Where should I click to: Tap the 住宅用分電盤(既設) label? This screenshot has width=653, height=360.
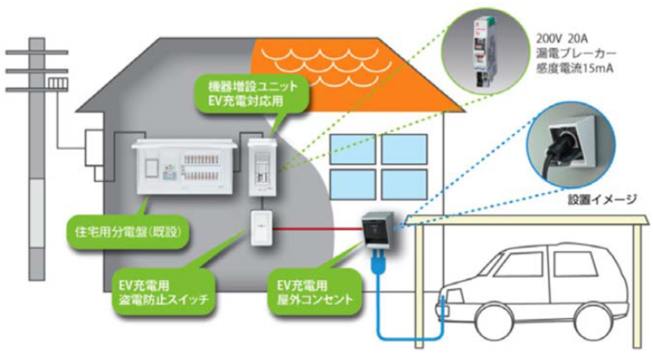pyautogui.click(x=130, y=227)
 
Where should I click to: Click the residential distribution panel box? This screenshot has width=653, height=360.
pyautogui.click(x=185, y=166)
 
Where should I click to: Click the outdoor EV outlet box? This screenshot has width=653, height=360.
pyautogui.click(x=378, y=233)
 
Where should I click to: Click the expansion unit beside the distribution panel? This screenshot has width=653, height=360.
pyautogui.click(x=263, y=166)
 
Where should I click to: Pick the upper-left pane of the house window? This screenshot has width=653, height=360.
pyautogui.click(x=354, y=150)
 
